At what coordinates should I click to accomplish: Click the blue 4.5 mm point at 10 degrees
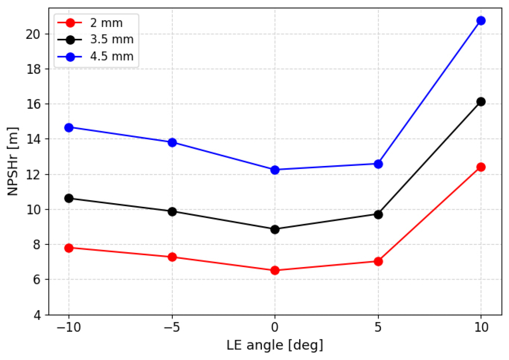[481, 21]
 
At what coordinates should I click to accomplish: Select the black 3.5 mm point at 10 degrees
[481, 102]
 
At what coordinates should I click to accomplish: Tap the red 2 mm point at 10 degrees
[481, 167]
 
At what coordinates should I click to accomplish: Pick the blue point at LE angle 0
[275, 170]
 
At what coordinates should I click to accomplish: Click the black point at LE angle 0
[275, 230]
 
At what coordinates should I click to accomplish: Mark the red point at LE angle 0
[275, 270]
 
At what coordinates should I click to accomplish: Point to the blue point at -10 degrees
[69, 128]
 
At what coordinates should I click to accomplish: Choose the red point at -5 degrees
[172, 257]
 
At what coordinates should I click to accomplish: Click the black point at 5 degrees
[378, 214]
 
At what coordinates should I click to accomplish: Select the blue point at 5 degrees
[378, 164]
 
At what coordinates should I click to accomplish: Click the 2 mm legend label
[106, 23]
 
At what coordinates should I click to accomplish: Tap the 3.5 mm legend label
[112, 40]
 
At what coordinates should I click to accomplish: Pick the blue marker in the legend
[70, 57]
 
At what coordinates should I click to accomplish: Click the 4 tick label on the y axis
[38, 315]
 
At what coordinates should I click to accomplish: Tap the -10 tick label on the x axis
[69, 327]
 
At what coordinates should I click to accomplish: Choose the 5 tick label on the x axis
[378, 327]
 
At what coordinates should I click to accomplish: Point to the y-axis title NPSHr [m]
[13, 161]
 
